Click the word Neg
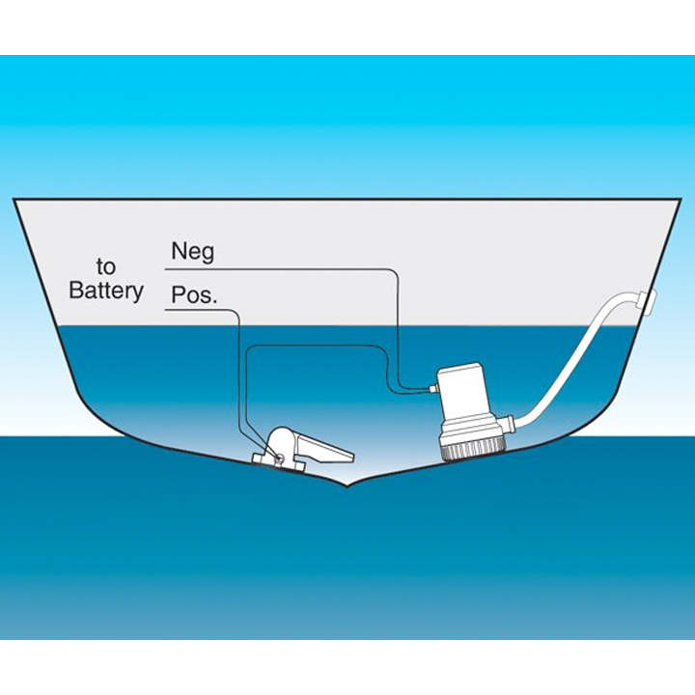click(x=191, y=252)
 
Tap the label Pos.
click(x=193, y=294)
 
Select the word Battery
click(x=106, y=291)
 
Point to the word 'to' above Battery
click(x=106, y=265)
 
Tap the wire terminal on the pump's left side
click(x=431, y=388)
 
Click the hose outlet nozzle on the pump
click(x=511, y=422)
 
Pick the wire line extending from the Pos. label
click(x=236, y=367)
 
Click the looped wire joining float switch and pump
click(x=309, y=346)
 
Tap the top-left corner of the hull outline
click(x=14, y=200)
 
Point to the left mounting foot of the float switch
click(x=259, y=461)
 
